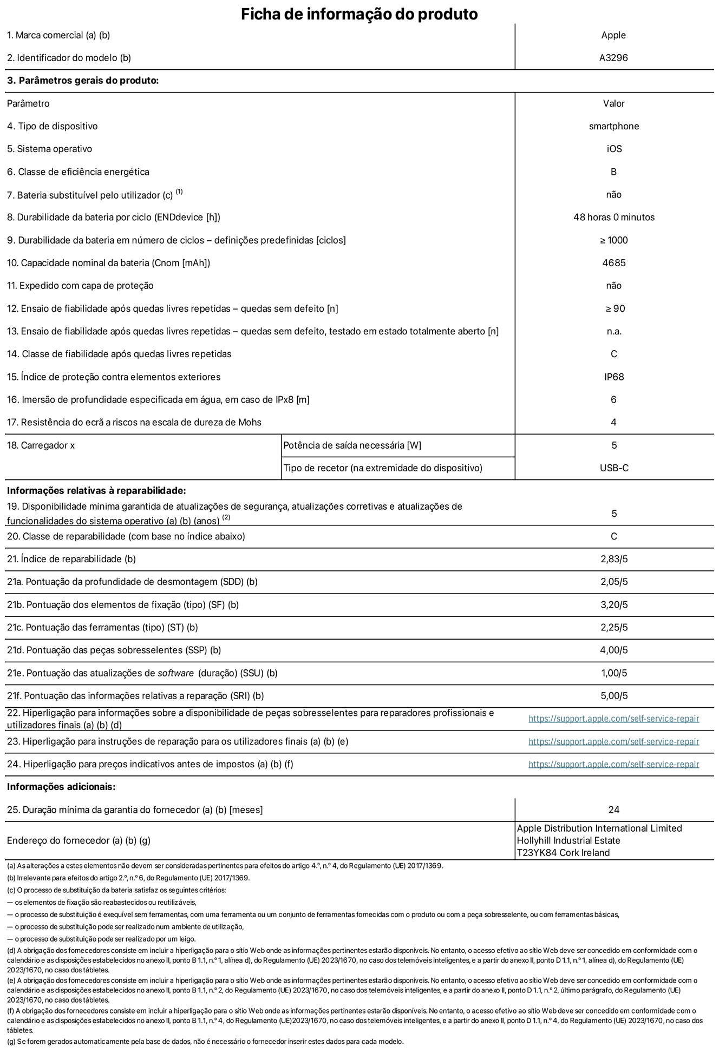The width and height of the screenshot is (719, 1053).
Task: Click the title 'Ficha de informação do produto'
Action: [x=359, y=14]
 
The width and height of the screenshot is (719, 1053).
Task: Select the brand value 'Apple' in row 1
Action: [x=613, y=35]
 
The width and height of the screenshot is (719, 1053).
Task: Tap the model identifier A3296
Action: [x=613, y=58]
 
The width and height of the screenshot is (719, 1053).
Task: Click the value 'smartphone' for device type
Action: [x=613, y=126]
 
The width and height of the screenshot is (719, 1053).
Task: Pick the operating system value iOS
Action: [x=613, y=149]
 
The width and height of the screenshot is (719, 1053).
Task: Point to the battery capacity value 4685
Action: [x=613, y=263]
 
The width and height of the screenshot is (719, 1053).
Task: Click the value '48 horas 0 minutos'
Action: [x=613, y=218]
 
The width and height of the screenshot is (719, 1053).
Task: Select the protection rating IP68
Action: [x=613, y=377]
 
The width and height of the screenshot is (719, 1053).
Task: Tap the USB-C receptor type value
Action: [x=613, y=468]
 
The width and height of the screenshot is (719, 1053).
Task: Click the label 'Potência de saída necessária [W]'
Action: [x=352, y=445]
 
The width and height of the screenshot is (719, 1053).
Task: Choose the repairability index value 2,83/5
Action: [x=613, y=559]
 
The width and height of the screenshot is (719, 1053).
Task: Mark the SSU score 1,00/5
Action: [x=613, y=673]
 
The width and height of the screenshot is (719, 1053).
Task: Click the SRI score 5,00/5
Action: [x=613, y=696]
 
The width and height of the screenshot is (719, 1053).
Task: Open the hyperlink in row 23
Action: [x=613, y=741]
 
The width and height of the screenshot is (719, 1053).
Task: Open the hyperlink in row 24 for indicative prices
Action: [x=613, y=764]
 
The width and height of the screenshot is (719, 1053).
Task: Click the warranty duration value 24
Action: [x=613, y=810]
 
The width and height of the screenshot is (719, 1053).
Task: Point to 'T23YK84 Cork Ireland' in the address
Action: [x=563, y=853]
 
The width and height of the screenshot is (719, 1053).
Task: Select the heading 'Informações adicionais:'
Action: [x=61, y=787]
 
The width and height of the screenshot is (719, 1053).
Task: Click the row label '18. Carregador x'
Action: [x=41, y=445]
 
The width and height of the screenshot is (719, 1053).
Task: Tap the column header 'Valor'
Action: [x=613, y=103]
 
